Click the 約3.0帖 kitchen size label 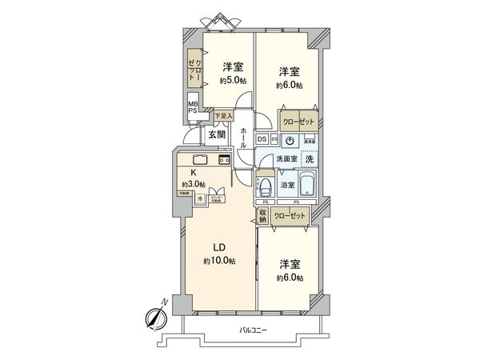tap(193, 184)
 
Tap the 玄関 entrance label tap(217, 135)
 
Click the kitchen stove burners tap(225, 158)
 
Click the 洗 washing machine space tap(309, 158)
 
